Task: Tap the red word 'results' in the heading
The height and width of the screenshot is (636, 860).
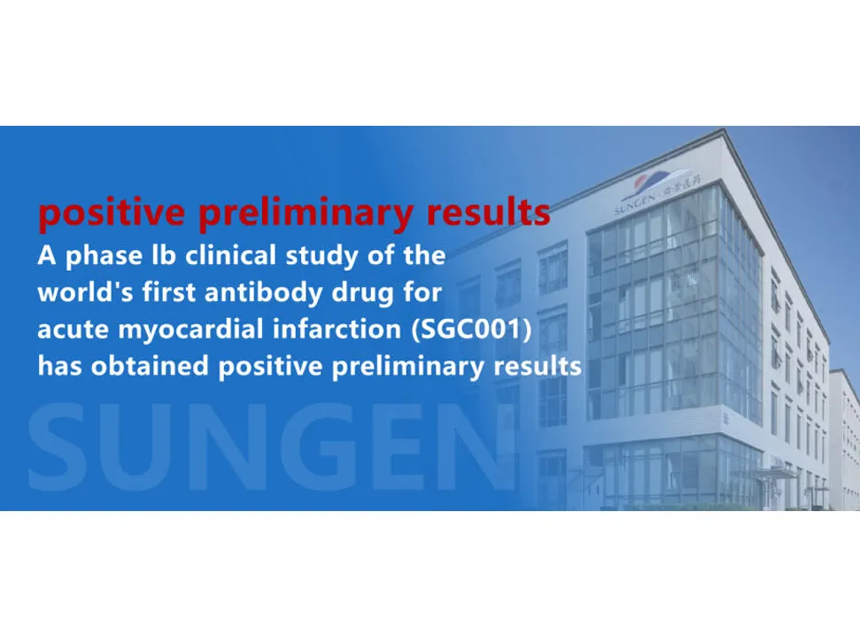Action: click(485, 213)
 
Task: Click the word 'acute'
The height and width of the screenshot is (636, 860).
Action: click(71, 330)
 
